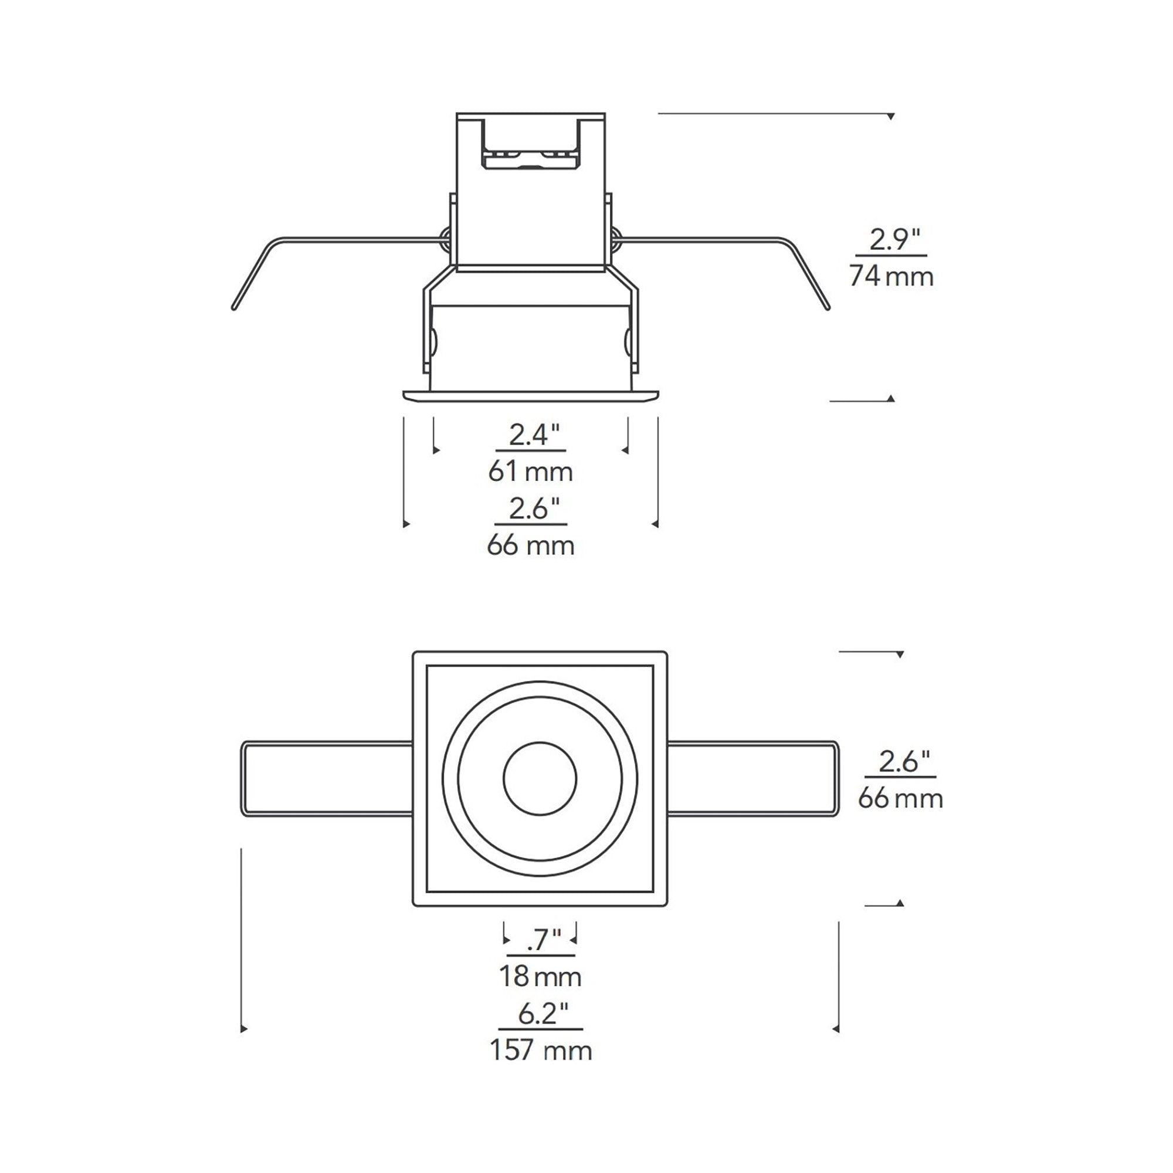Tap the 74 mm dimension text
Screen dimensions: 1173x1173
pos(891,276)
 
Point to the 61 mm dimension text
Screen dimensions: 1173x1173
pos(531,472)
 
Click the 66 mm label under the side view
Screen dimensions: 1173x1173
pos(531,546)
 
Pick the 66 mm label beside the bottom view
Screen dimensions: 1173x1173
pos(900,798)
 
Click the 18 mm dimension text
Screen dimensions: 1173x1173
pos(540,977)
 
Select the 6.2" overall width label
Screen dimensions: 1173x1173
pos(543,1013)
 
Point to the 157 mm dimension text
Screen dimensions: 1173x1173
pos(540,1050)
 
